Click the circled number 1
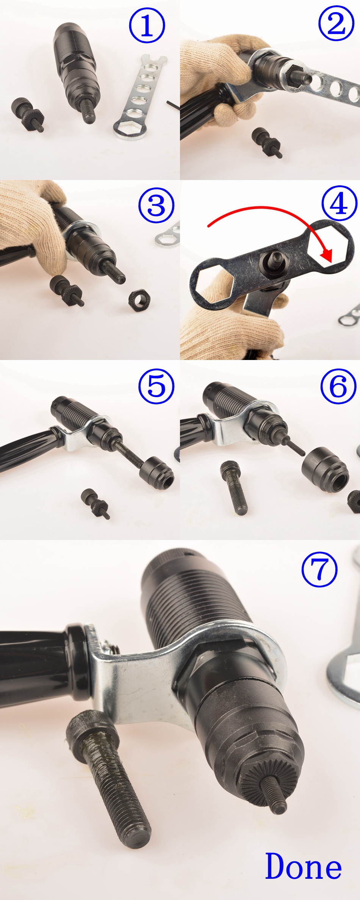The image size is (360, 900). point(147,26)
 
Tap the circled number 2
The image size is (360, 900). point(337,25)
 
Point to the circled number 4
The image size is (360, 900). point(339,203)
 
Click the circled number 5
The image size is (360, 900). point(157,386)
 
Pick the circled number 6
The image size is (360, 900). point(338,386)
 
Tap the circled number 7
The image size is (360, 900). point(319,569)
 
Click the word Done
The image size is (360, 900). point(303,867)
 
